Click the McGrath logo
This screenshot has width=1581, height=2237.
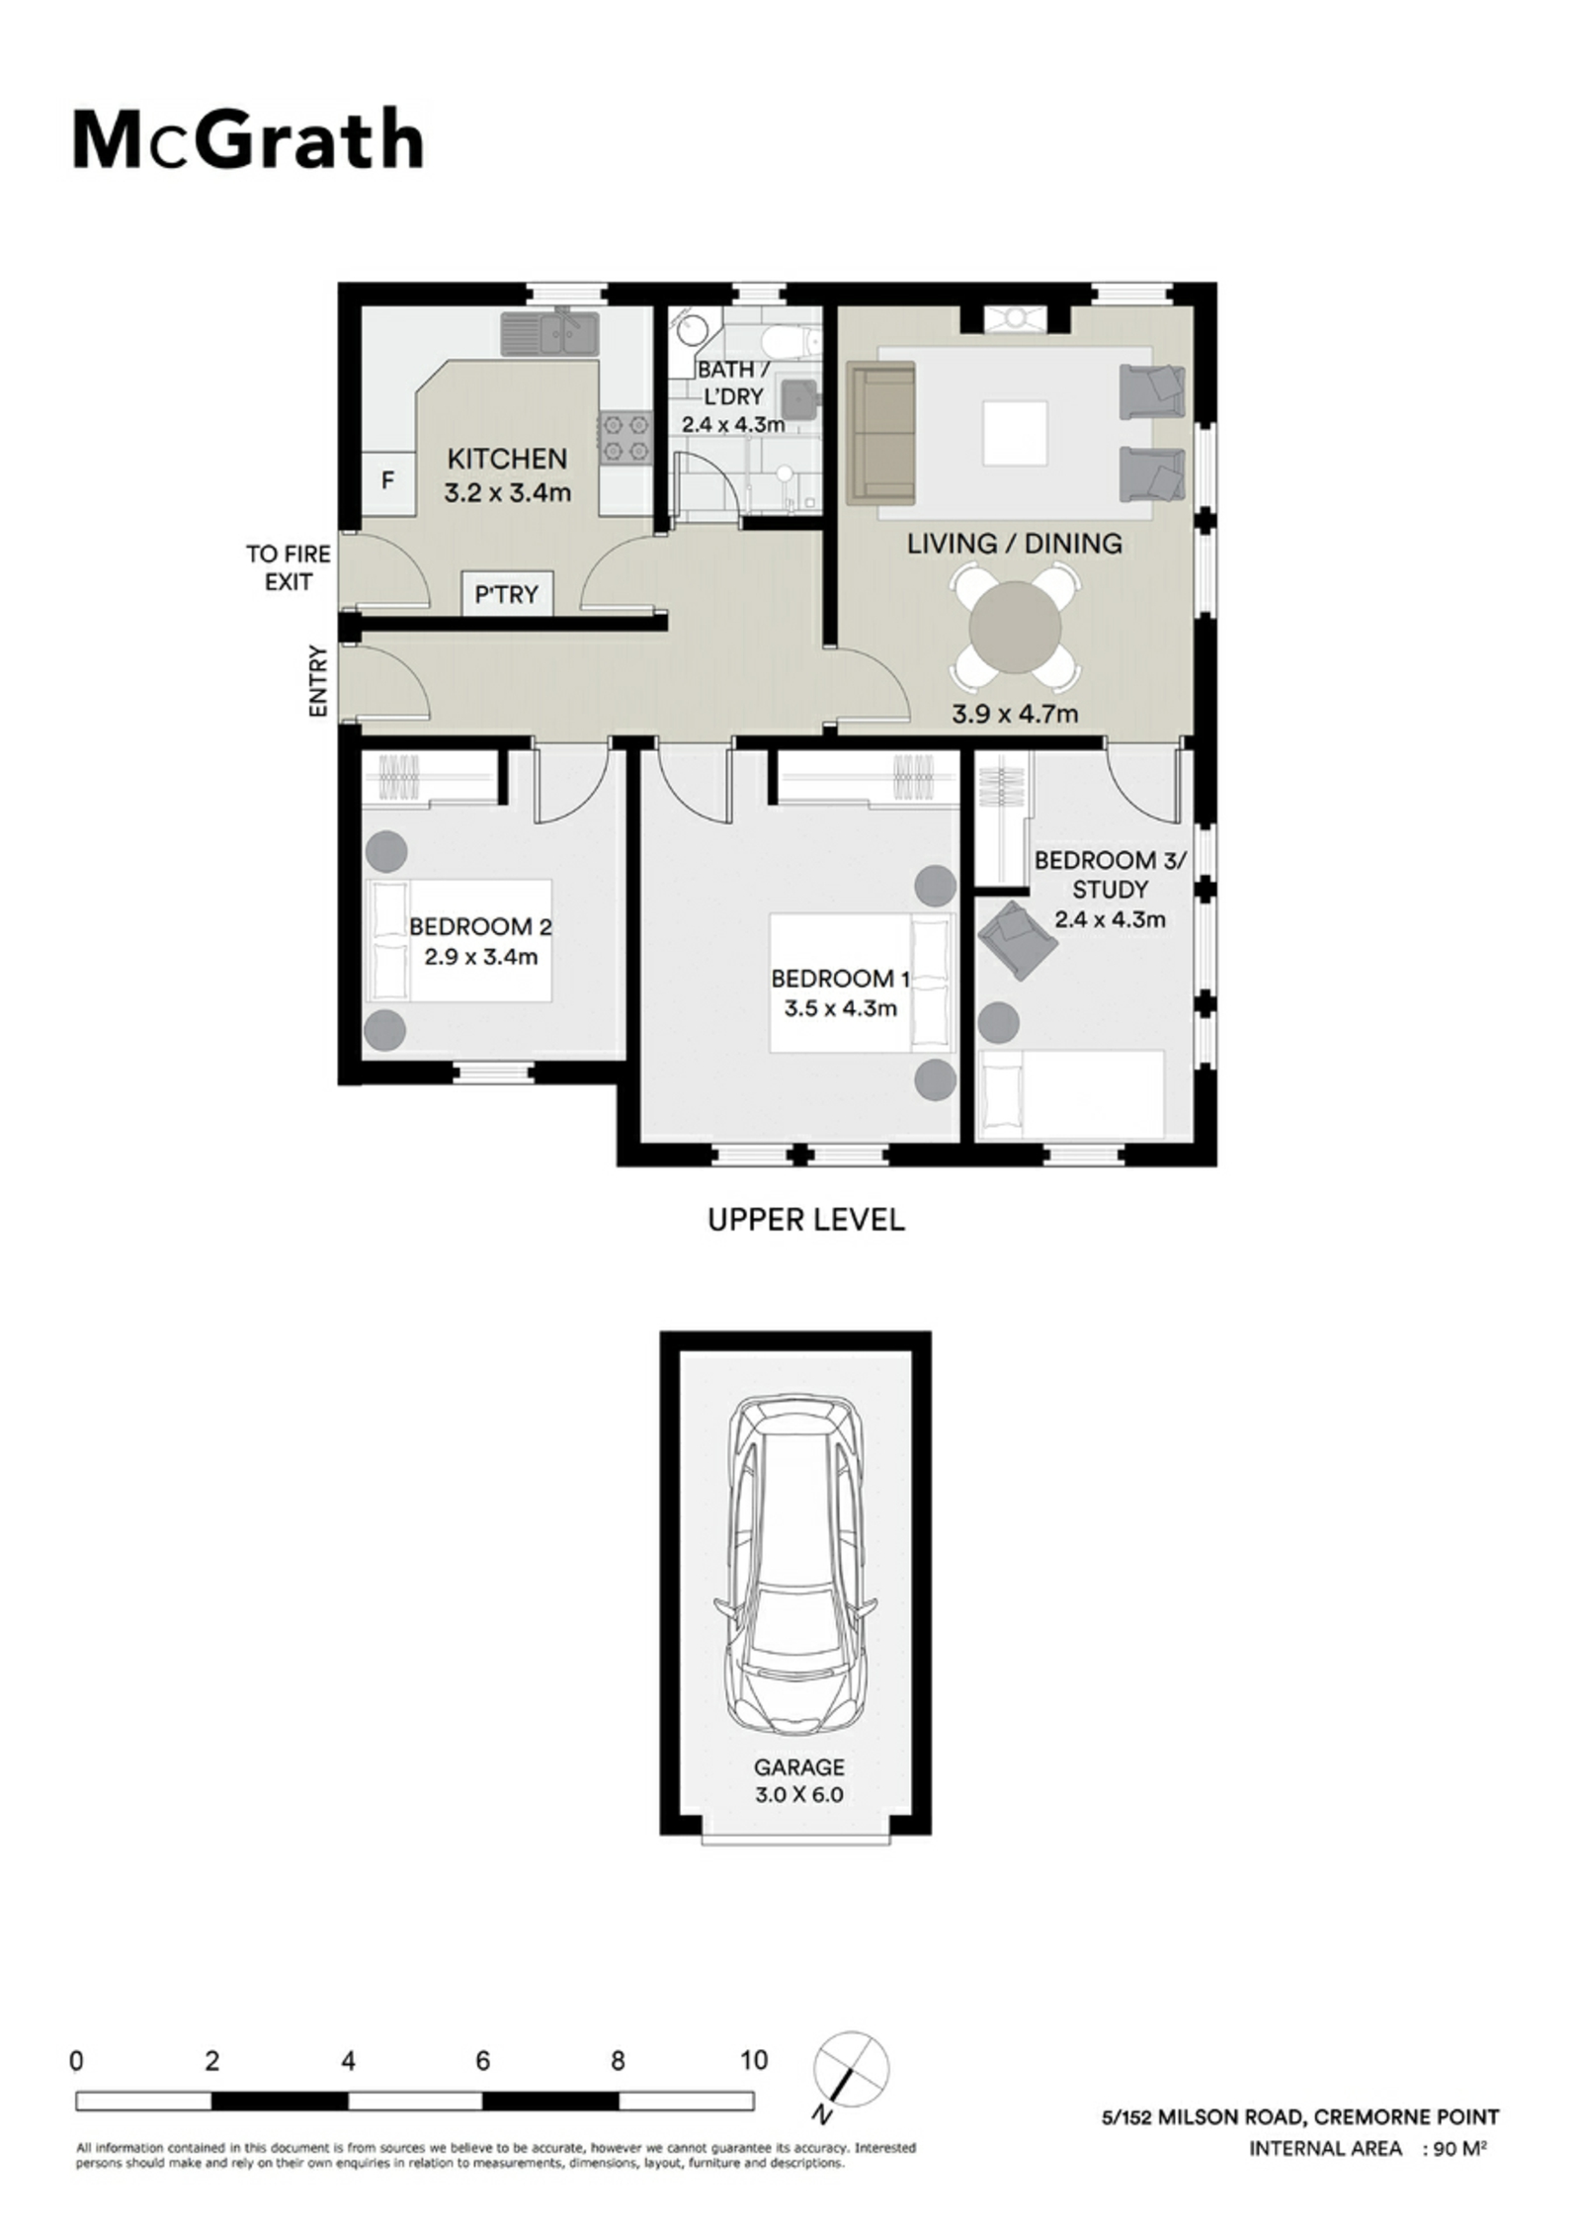(248, 140)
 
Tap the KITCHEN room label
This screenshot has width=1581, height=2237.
(507, 459)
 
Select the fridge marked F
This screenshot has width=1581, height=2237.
(388, 481)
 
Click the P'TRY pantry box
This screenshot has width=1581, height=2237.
(507, 594)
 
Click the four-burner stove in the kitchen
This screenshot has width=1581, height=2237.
(624, 437)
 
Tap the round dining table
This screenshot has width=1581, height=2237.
(1015, 627)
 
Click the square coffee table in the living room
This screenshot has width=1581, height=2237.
(1015, 432)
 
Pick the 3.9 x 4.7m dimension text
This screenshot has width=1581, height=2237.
(1014, 713)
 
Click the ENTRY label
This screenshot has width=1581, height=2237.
(317, 680)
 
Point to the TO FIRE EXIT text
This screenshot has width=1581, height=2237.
(289, 567)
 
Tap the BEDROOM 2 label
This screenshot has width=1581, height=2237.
(480, 926)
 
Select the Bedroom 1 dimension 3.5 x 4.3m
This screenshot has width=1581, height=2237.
(840, 1008)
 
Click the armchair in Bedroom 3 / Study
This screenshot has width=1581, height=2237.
(1018, 939)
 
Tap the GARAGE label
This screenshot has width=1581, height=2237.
(799, 1766)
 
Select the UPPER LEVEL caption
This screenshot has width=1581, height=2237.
(805, 1220)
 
